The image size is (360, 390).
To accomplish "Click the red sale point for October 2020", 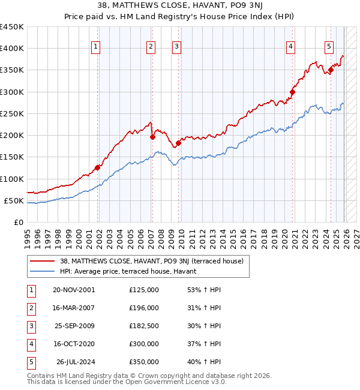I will point(292,92).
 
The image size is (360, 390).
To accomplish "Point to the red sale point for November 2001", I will point(98,168).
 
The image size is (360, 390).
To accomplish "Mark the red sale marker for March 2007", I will point(152,137).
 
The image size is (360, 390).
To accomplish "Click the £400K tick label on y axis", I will point(11,49).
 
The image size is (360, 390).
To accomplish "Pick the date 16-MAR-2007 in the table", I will point(74,308).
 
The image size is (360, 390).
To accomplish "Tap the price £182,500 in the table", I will point(143,326).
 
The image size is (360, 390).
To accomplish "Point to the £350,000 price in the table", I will point(143,362).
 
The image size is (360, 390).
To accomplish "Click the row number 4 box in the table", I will point(30,344).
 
